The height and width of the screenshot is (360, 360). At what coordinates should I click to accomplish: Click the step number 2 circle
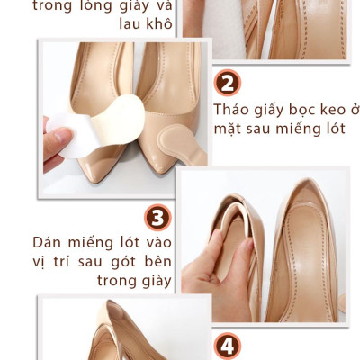(x=229, y=83)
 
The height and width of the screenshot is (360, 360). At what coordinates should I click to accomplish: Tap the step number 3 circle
(x=158, y=219)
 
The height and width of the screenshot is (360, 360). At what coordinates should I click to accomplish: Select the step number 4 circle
(x=229, y=347)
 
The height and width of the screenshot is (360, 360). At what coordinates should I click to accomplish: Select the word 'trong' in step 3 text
(x=113, y=282)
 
